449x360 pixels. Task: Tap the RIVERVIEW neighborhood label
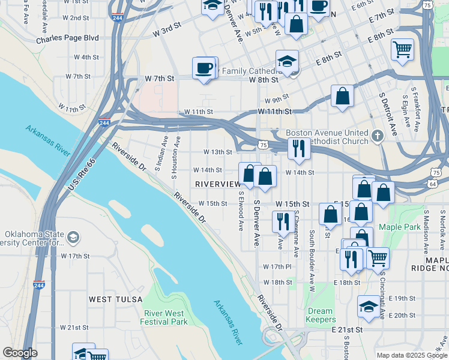[x=217, y=183]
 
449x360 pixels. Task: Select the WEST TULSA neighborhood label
[x=116, y=299]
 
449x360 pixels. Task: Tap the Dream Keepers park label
[x=320, y=316]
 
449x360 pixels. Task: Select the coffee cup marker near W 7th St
[x=204, y=68]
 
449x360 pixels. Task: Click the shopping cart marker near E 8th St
[x=402, y=50]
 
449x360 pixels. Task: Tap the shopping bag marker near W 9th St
[x=342, y=96]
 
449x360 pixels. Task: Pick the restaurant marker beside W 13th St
[x=298, y=148]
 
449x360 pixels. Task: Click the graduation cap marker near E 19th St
[x=369, y=307]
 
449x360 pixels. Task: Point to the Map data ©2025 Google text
[x=411, y=355]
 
